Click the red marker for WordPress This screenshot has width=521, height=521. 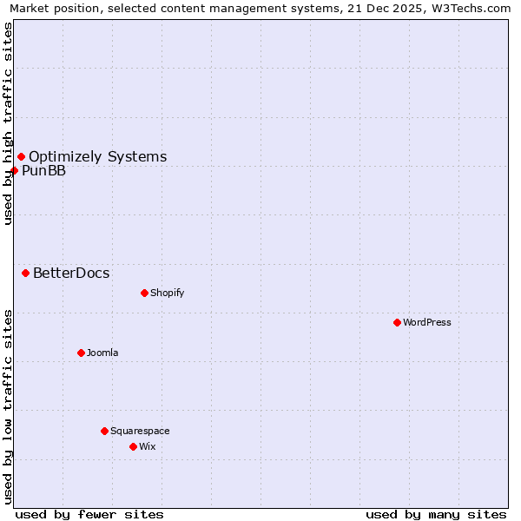tap(397, 322)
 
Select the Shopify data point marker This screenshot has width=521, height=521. tap(144, 293)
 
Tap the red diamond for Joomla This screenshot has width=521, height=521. tap(81, 353)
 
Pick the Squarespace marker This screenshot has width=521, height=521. tap(104, 431)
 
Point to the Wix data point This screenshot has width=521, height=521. tap(133, 446)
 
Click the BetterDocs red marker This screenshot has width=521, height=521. tap(25, 273)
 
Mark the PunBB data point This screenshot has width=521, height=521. tap(14, 170)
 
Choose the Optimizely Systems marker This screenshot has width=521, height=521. tap(21, 156)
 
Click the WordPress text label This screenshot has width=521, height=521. tap(427, 322)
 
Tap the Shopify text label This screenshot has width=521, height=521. tap(168, 293)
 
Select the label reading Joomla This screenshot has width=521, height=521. tap(102, 353)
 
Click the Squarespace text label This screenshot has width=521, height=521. tap(140, 431)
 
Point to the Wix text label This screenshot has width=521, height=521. tap(148, 446)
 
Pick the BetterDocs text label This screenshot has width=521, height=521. tap(71, 274)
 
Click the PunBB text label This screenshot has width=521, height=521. tap(43, 171)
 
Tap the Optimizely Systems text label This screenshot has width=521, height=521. tap(98, 157)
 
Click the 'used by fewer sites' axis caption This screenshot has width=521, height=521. tap(89, 514)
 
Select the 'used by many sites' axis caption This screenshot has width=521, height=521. tap(436, 514)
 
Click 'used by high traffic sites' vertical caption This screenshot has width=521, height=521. tap(8, 123)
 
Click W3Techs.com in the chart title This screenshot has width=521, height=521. tap(472, 8)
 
